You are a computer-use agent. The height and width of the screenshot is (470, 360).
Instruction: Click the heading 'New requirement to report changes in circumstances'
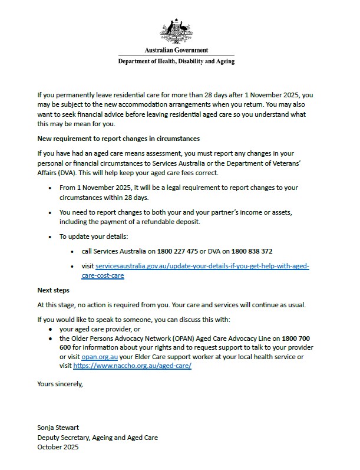118,139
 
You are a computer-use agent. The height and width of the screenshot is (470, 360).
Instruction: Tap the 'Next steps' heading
53,290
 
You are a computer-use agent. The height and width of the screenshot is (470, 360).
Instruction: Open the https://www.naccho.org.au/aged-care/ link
133,366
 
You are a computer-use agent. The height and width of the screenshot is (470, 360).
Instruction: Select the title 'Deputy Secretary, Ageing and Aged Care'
97,438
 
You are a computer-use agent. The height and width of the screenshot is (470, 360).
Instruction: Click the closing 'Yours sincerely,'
60,384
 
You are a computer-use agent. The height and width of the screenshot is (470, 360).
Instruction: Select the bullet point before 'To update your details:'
51,236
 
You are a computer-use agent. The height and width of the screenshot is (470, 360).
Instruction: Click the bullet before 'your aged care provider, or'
51,328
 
